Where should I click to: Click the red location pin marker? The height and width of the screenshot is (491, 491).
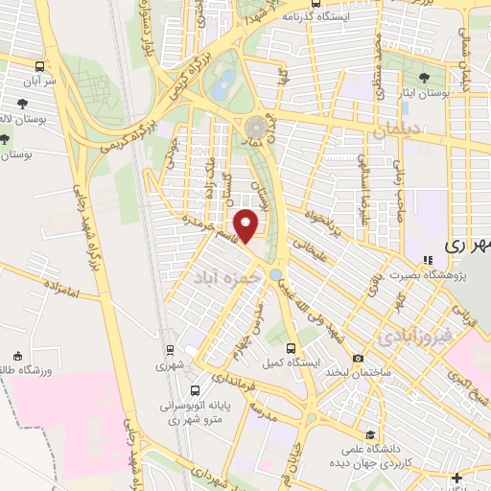[247, 226]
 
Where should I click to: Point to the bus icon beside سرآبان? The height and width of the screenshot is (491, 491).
[39, 67]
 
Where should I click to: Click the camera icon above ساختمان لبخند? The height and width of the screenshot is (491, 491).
[358, 359]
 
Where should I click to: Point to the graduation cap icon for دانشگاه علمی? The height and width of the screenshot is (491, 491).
[369, 434]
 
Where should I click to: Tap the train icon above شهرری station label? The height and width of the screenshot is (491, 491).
[170, 350]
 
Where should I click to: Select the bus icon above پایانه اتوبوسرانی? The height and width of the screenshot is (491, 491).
[196, 391]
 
